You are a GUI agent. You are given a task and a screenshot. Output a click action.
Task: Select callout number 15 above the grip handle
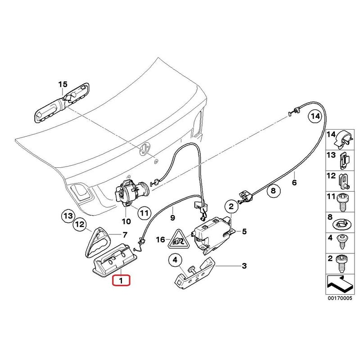pyautogui.click(x=62, y=84)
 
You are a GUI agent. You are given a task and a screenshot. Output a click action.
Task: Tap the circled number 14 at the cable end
pyautogui.click(x=315, y=117)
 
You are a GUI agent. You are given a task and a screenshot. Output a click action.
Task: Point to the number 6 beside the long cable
pyautogui.click(x=294, y=183)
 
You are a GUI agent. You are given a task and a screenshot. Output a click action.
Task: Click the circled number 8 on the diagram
pyautogui.click(x=272, y=192)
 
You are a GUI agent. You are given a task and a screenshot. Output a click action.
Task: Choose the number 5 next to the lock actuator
pyautogui.click(x=244, y=232)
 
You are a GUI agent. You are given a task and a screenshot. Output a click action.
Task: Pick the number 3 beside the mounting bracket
pyautogui.click(x=244, y=266)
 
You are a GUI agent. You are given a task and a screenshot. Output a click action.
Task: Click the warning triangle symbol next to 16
pyautogui.click(x=179, y=241)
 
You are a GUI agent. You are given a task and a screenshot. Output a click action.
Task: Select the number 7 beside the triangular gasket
pyautogui.click(x=125, y=234)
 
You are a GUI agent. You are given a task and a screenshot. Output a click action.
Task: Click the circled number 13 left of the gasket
pyautogui.click(x=67, y=216)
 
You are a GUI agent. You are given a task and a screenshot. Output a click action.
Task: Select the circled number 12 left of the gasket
pyautogui.click(x=80, y=223)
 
